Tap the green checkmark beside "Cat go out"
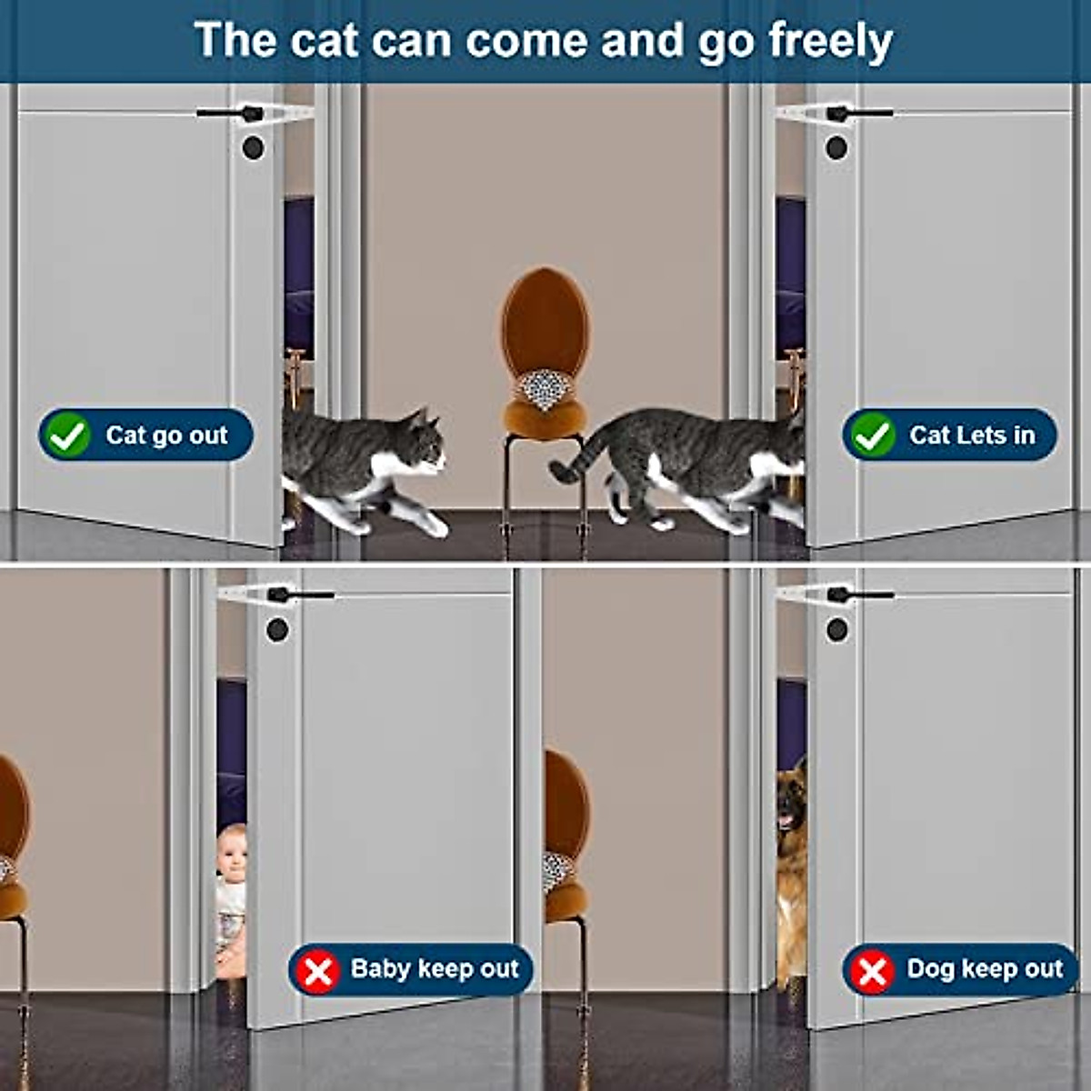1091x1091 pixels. (68, 435)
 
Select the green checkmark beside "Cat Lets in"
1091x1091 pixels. (872, 435)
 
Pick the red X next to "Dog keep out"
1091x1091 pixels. (872, 971)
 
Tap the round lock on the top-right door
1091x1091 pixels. (836, 147)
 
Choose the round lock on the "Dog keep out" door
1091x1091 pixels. (836, 629)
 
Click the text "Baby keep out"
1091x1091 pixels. (435, 969)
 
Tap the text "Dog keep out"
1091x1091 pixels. (985, 969)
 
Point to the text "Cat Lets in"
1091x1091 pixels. (972, 435)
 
